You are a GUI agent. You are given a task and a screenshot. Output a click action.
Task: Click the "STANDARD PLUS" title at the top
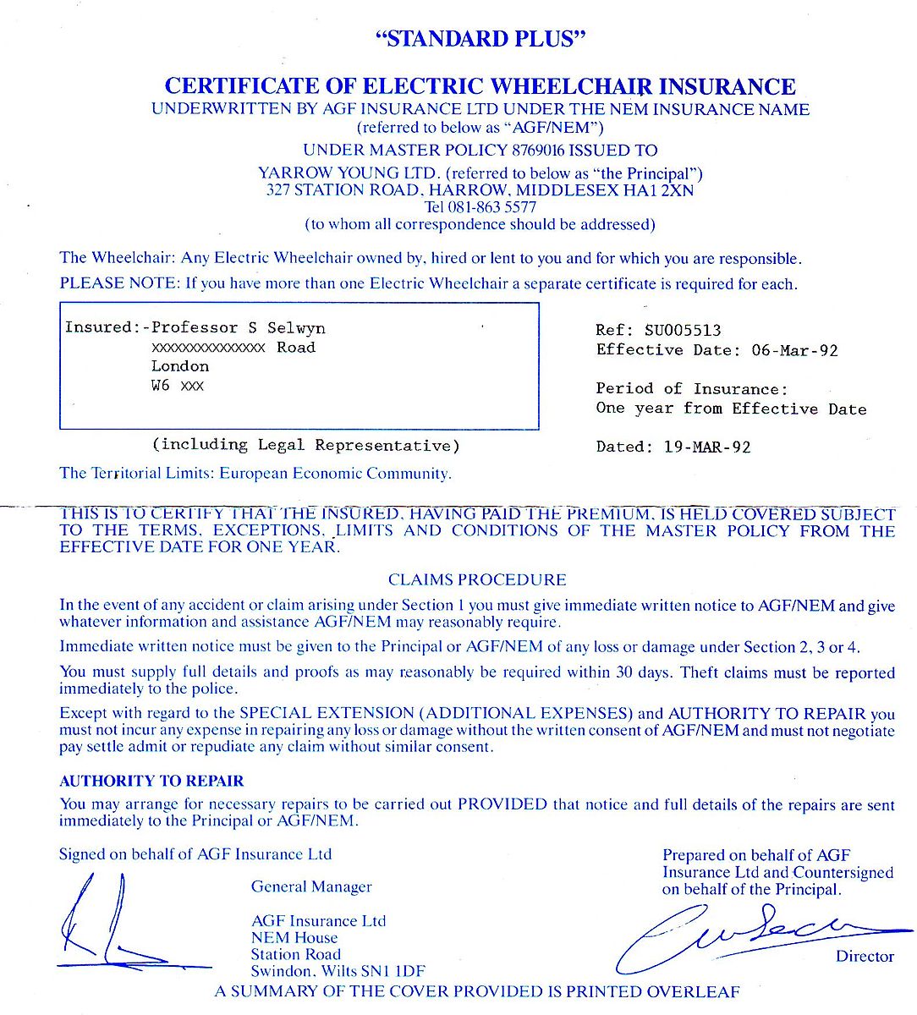point(480,39)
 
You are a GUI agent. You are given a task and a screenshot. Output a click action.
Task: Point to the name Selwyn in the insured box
point(296,328)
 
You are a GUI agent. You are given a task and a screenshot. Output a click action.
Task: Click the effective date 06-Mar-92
point(794,350)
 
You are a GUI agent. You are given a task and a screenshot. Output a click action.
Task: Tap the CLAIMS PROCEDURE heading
point(477,580)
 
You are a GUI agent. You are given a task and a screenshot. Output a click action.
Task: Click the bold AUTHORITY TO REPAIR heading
point(151,782)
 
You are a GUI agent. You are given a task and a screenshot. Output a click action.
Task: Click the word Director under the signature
point(865,957)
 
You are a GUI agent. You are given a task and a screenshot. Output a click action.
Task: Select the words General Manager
point(311,887)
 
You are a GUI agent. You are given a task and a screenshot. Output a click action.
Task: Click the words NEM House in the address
point(294,938)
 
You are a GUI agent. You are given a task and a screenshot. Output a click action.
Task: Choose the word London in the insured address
point(180,366)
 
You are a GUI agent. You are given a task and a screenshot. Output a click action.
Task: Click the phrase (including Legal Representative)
point(306,445)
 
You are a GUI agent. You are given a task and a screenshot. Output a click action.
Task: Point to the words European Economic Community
point(335,474)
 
